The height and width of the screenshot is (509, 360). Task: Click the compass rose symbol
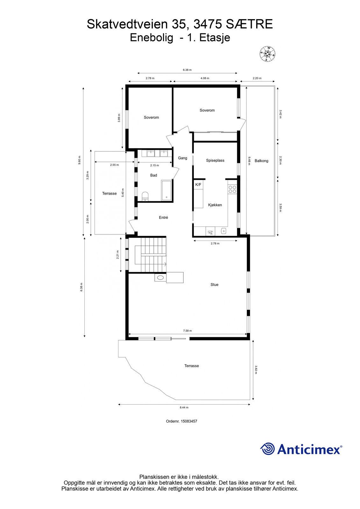(267, 54)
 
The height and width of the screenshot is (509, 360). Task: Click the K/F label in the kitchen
(198, 185)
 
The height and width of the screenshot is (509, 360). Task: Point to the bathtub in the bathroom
(166, 191)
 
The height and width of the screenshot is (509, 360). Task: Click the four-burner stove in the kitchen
(232, 189)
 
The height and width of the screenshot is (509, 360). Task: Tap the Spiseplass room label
(215, 160)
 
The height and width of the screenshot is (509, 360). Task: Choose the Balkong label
(261, 161)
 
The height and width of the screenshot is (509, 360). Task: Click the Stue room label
(214, 284)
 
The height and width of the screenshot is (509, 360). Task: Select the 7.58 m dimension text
(187, 331)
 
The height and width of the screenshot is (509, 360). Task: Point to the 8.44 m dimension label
(184, 408)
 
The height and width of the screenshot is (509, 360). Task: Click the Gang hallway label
(182, 158)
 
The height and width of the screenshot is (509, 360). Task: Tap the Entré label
(163, 218)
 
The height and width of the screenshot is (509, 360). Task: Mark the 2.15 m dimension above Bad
(154, 165)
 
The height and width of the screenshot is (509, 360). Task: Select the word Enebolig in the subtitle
(151, 38)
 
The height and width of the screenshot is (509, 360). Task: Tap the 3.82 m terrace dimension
(256, 370)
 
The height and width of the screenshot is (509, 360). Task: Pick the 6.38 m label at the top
(187, 70)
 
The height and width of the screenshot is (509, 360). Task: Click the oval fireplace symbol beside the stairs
(160, 277)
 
